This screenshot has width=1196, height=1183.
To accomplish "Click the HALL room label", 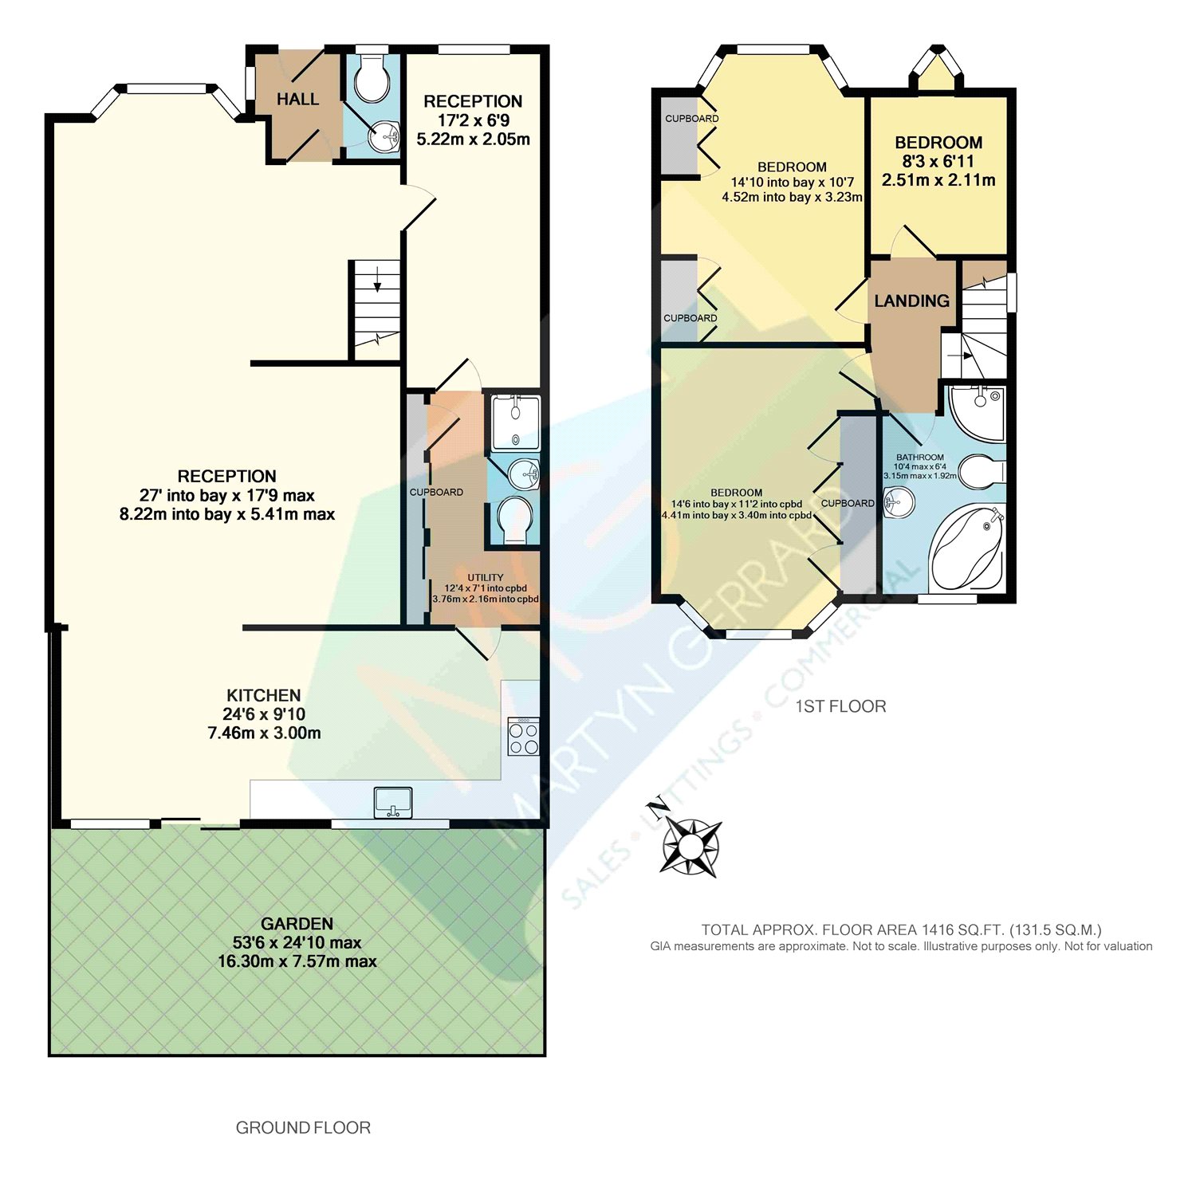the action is pos(297,100).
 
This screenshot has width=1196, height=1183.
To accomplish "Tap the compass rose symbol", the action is pos(690,847).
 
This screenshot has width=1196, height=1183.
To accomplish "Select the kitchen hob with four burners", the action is pos(524,737).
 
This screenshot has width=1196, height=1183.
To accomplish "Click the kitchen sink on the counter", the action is pos(393,802).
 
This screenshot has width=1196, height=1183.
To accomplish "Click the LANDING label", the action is pos(911,301).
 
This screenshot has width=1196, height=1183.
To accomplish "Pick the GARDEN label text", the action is pos(297,924).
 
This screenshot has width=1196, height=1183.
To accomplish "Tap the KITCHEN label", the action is pos(264,695).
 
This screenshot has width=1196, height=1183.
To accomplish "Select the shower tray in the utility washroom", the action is pos(515,422).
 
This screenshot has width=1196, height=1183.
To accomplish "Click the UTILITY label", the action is pos(486,577).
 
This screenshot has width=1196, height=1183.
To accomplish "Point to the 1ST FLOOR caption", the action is pos(840,706).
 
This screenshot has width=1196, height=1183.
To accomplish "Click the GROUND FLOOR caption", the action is pos(303,1128).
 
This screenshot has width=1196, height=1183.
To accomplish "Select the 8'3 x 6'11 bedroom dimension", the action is pos(938,161).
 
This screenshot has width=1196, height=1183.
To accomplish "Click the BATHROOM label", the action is pos(920,458).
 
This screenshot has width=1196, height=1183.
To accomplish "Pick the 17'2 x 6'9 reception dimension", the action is pos(474,120).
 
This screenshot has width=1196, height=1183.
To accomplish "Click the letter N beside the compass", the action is pos(656,810).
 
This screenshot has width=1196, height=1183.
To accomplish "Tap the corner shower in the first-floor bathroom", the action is pos(977,412).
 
